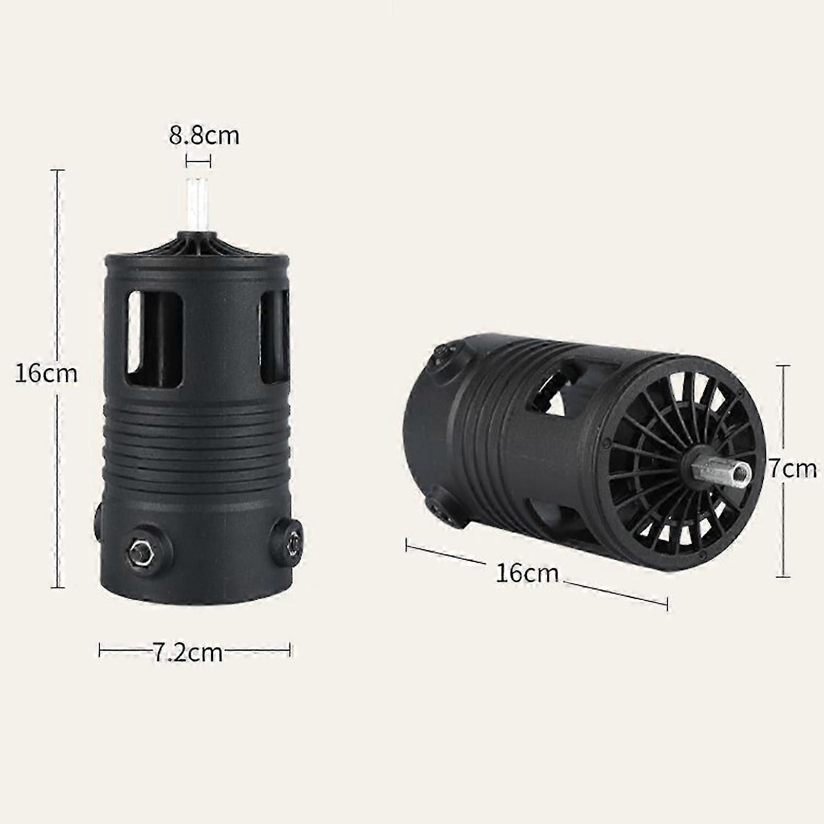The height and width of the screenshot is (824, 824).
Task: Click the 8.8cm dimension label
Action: click(204, 135)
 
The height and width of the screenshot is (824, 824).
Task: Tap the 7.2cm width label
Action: click(187, 653)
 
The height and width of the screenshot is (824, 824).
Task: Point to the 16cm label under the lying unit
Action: click(527, 574)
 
